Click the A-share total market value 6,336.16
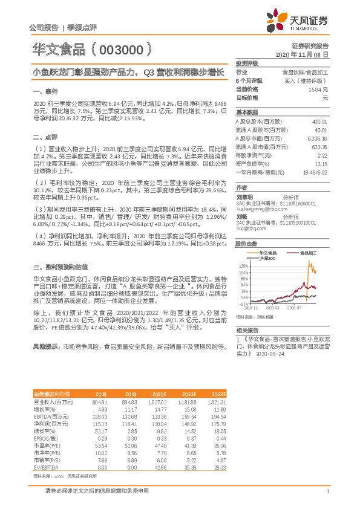click(317, 138)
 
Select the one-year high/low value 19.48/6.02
click(315, 172)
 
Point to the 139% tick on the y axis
click(243, 265)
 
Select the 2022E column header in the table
click(217, 393)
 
